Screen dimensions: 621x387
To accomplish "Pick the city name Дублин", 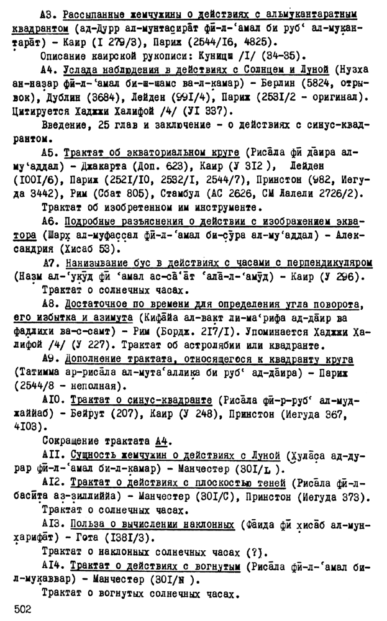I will [x=60, y=97].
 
